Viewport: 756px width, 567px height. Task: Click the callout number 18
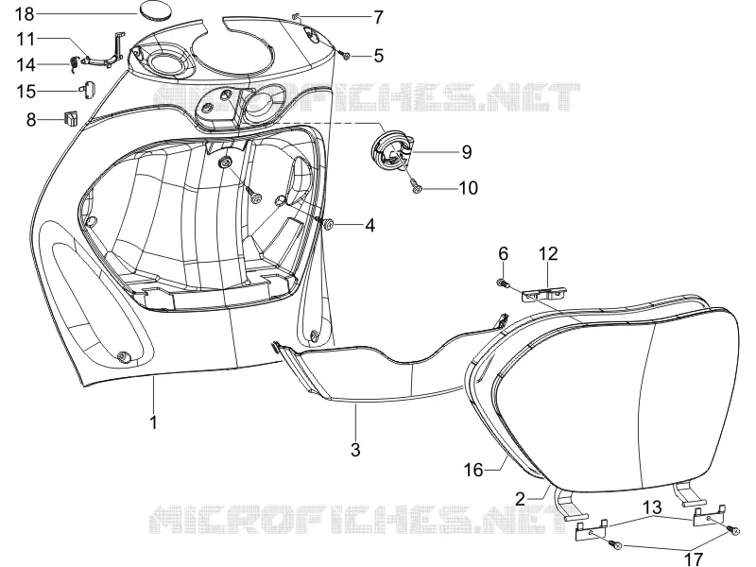click(25, 14)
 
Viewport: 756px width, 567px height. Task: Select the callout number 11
click(26, 39)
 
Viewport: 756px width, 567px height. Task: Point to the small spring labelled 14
click(75, 64)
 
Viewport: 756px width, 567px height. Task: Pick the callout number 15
click(26, 91)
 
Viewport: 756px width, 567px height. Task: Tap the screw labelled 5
click(346, 56)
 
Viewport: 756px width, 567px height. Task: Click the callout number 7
click(379, 17)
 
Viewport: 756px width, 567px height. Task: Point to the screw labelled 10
click(415, 187)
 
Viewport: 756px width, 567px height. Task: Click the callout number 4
click(369, 225)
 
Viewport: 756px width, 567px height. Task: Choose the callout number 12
click(548, 253)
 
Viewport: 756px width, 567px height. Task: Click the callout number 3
click(355, 450)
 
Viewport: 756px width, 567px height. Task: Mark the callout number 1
click(154, 422)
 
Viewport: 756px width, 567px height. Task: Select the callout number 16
click(473, 469)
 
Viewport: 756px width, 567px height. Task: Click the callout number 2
click(520, 499)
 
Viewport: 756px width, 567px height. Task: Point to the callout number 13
click(651, 507)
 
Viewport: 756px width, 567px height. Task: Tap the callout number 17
click(694, 558)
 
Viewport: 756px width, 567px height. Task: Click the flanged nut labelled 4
click(328, 223)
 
